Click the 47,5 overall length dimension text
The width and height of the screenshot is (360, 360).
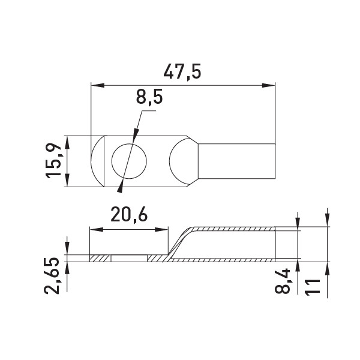pyautogui.click(x=182, y=72)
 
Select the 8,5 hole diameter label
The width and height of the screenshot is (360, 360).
pyautogui.click(x=149, y=97)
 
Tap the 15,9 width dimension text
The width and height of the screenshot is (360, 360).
pyautogui.click(x=53, y=161)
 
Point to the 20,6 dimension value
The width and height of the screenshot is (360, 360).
pyautogui.click(x=129, y=215)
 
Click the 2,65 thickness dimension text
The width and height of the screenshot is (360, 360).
pyautogui.click(x=52, y=276)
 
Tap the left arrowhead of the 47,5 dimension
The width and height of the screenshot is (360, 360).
pyautogui.click(x=98, y=85)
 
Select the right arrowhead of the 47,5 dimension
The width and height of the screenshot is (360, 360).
pyautogui.click(x=268, y=85)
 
